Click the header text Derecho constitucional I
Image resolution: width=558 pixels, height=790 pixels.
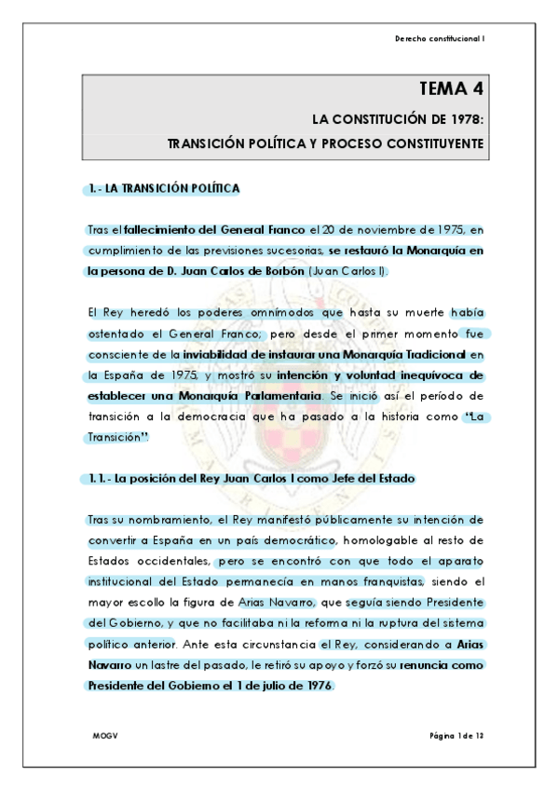(440, 38)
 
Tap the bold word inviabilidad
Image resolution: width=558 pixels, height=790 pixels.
(221, 354)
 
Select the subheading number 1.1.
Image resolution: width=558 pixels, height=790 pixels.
(93, 478)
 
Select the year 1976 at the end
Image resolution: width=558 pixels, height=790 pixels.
(314, 687)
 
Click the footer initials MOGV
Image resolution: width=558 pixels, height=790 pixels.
(102, 737)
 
